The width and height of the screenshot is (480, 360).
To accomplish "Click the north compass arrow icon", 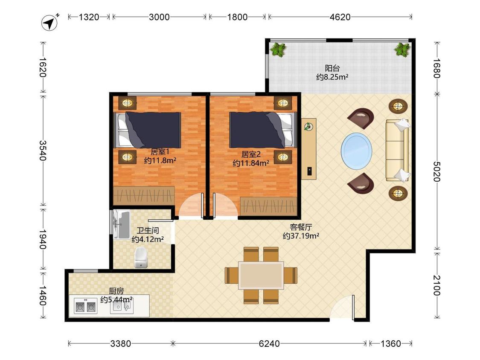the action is point(49,22).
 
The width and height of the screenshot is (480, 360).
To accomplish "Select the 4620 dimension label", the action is point(340,17).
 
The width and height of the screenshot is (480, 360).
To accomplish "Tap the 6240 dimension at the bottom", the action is point(269,343).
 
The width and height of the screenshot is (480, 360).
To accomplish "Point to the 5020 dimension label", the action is point(437,171).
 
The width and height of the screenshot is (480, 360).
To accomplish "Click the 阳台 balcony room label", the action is point(332,68).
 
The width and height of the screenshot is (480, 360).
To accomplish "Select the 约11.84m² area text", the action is point(251,163).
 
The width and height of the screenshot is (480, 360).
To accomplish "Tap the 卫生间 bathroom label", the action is point(148,230).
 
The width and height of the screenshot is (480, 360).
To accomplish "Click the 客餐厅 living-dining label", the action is point(301,227).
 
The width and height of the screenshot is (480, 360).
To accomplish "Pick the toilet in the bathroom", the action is point(141,257).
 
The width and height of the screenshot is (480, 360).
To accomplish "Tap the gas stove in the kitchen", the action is point(86,306).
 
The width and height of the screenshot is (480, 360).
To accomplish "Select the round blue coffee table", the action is point(357,150).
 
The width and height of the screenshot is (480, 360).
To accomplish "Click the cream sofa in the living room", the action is point(397,150).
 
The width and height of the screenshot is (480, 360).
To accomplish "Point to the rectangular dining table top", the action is point(261,275).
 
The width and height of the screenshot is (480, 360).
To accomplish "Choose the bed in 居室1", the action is point(148,130).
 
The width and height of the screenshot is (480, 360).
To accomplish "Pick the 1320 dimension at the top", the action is point(89,17).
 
